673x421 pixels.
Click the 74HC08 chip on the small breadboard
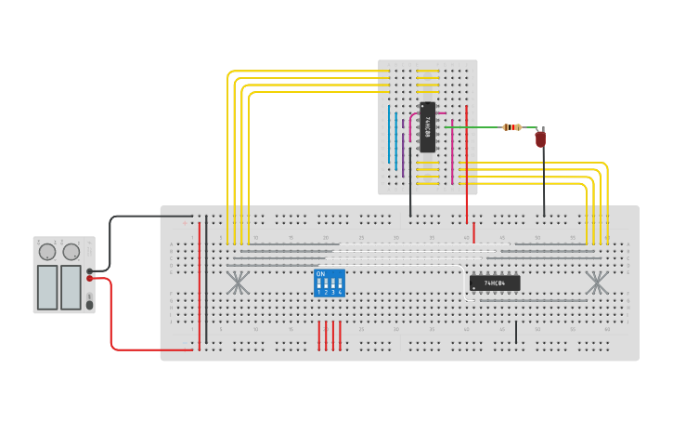coord(427,126)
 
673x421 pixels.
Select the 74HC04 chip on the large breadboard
coord(495,283)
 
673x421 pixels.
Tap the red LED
coord(540,139)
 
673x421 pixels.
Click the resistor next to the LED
coord(511,127)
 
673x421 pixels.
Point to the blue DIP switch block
coord(330,283)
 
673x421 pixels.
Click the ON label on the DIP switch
coord(320,274)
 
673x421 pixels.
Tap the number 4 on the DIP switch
coord(341,292)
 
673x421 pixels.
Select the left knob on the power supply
coord(47,251)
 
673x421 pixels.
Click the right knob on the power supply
coord(71,251)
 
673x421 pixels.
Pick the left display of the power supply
coord(46,287)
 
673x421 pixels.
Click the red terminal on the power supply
coord(90,278)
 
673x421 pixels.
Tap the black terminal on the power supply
coord(90,270)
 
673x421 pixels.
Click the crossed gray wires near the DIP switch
coord(239,283)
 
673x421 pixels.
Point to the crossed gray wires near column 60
coord(596,283)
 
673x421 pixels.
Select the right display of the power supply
coord(71,287)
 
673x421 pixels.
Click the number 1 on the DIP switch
coord(318,292)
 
